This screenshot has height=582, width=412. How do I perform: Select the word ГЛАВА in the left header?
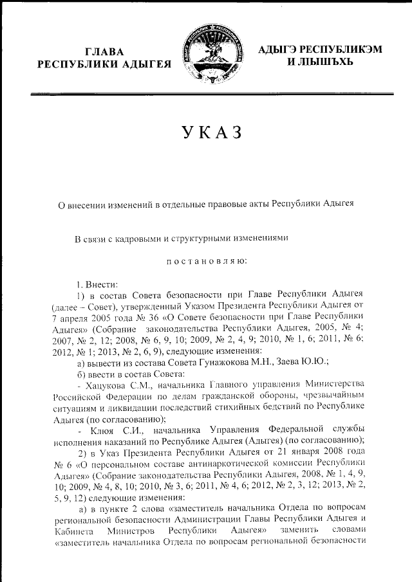[x=107, y=51]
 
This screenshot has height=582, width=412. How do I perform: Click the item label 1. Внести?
[x=98, y=283]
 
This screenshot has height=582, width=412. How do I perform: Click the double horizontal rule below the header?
[x=212, y=95]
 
